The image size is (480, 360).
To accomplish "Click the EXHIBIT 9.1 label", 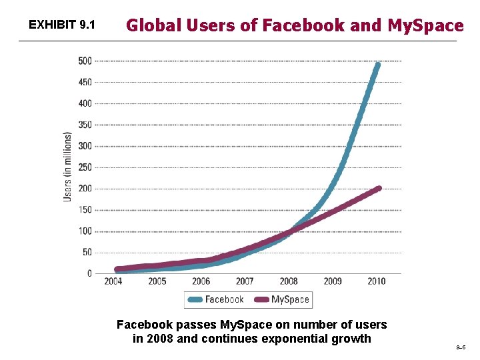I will click(63, 26).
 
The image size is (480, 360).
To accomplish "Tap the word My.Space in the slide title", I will click(425, 26).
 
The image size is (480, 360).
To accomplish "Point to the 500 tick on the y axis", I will click(85, 61).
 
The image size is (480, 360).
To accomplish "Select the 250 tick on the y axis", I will click(85, 167).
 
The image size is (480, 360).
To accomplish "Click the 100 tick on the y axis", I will click(85, 231).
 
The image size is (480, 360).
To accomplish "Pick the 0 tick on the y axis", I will click(89, 273).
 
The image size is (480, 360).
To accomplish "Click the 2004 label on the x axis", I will click(113, 281).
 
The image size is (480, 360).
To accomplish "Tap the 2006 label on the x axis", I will click(201, 281).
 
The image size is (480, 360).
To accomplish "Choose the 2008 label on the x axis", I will click(289, 281).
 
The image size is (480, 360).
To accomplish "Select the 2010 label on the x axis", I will click(376, 281).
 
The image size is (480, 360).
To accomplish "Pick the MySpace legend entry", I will click(283, 299).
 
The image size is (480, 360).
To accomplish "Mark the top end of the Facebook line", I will click(377, 65).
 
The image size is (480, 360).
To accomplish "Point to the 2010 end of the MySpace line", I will click(379, 189).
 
